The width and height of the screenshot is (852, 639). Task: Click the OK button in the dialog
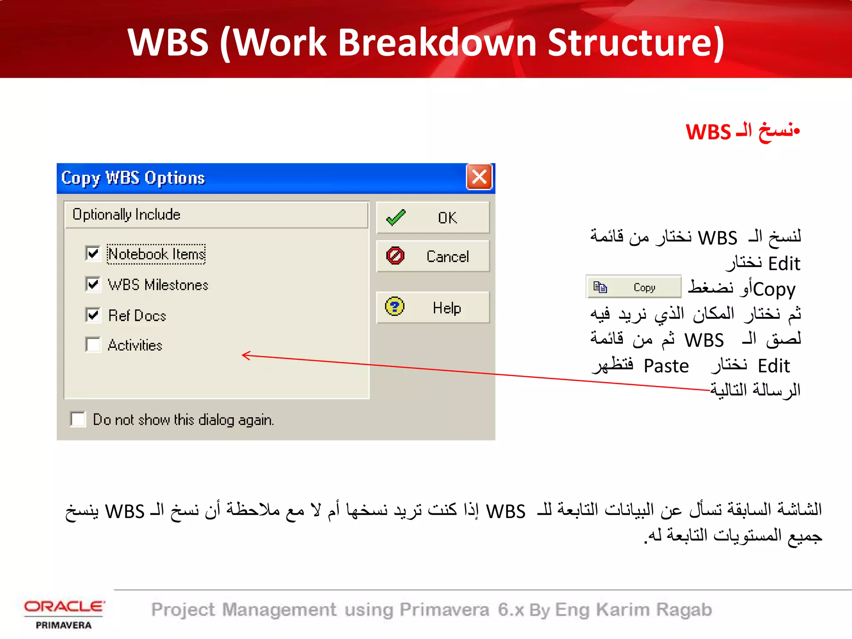tap(433, 218)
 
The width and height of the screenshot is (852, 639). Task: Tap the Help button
tap(433, 308)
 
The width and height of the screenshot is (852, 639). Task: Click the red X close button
tap(479, 177)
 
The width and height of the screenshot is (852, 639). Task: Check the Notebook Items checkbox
tap(93, 253)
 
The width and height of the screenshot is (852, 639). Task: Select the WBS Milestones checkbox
tap(93, 285)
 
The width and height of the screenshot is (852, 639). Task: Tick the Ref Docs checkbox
tap(93, 315)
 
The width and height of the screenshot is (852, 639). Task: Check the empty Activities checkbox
tap(93, 345)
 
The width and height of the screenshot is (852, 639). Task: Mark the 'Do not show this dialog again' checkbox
tap(78, 419)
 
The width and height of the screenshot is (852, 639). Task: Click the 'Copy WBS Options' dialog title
tap(133, 178)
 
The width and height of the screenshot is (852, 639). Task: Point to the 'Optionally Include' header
tap(126, 215)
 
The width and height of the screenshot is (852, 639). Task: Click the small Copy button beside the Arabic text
tap(633, 287)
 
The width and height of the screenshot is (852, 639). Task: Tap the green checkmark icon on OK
tap(396, 218)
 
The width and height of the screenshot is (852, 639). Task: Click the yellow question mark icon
tap(394, 307)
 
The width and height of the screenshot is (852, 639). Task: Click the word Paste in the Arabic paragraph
tap(666, 366)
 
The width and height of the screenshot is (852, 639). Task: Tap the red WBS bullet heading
tap(743, 131)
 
